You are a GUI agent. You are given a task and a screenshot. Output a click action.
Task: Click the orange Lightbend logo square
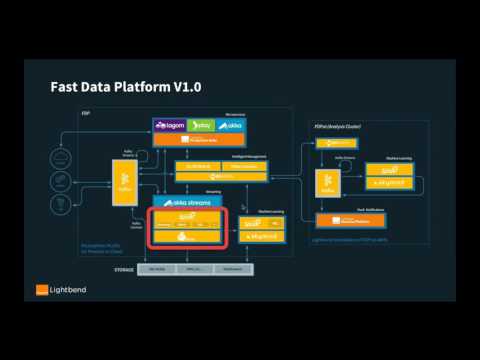point(41,291)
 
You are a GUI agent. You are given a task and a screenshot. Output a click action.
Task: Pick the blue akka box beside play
point(230,126)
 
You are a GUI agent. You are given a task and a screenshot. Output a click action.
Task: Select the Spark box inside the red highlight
point(186,218)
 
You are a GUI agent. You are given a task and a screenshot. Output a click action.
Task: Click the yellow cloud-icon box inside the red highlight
point(186,237)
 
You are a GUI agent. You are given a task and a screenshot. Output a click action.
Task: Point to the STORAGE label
point(124,270)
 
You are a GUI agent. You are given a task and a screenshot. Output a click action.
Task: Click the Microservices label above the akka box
point(236,114)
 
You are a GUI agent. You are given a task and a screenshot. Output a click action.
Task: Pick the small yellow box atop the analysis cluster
point(336,144)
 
